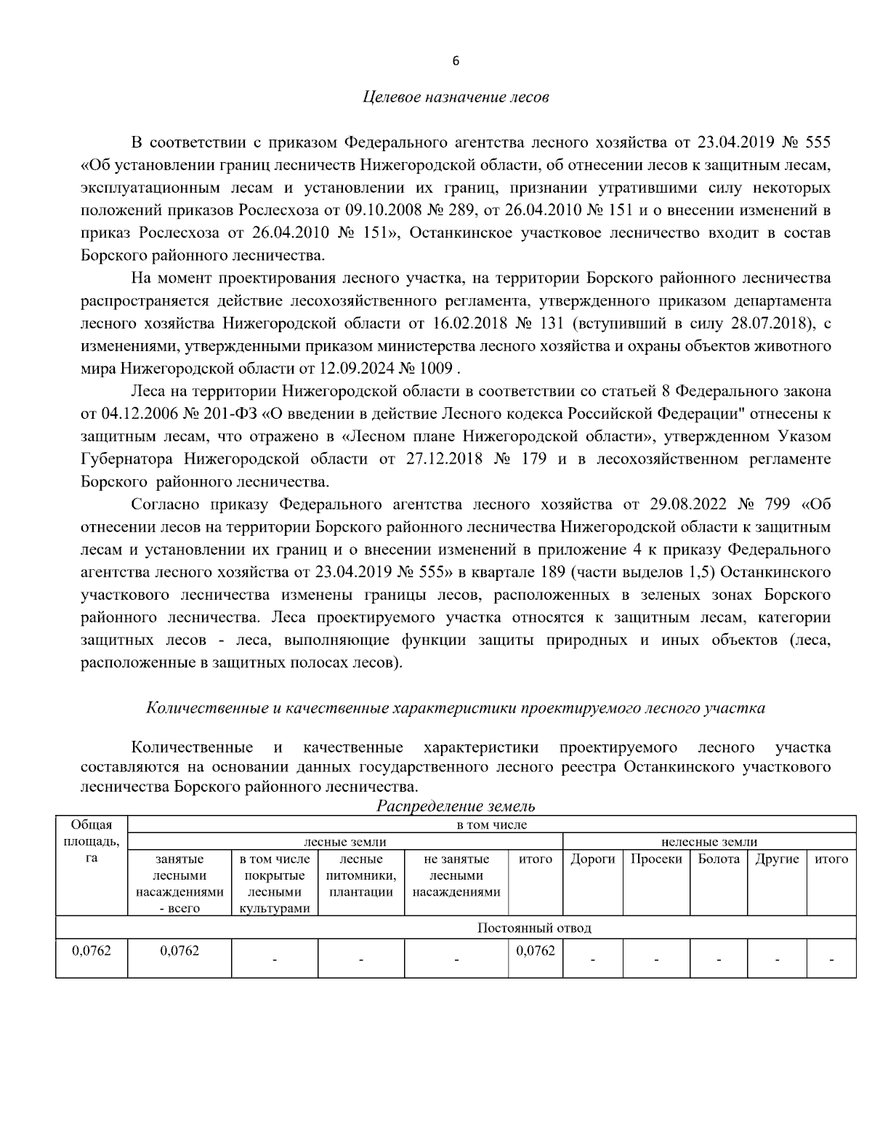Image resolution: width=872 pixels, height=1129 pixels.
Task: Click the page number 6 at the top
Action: pos(456,61)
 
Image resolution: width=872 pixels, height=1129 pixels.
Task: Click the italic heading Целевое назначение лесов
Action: pos(456,97)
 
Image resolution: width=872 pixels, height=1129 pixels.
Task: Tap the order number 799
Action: pos(777,504)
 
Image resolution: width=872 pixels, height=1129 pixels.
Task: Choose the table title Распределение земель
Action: pos(456,805)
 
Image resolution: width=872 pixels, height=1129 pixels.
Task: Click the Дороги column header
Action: pos(592,859)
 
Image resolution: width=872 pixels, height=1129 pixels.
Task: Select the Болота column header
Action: pos(718,859)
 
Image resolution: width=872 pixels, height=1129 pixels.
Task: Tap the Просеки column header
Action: pos(656,859)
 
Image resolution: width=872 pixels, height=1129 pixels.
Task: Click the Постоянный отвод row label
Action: pos(534,928)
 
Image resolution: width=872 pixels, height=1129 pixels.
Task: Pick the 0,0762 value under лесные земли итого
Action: pos(536,951)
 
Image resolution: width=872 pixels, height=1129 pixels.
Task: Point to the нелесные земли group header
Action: pos(708,842)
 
